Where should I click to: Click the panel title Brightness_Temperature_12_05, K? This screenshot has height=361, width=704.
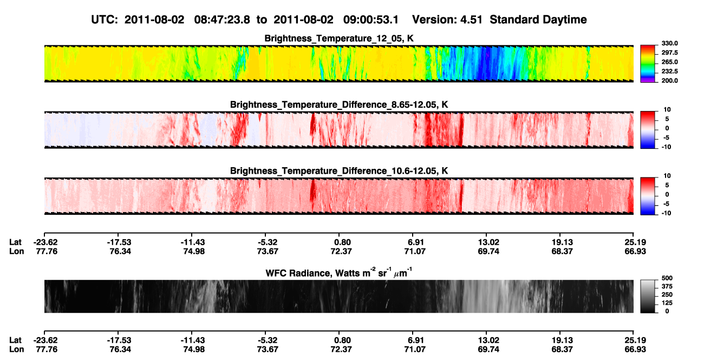(339, 38)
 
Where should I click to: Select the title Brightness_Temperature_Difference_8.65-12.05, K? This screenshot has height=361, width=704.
(339, 104)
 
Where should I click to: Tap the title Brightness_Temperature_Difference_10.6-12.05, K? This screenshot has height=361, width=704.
(339, 171)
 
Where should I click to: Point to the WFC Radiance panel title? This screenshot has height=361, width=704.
(339, 272)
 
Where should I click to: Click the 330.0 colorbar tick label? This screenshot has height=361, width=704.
(669, 43)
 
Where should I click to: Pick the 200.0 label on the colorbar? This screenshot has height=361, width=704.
(669, 81)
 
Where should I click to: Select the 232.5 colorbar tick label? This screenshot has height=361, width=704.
(669, 71)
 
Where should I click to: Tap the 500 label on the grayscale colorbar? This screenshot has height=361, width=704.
(667, 278)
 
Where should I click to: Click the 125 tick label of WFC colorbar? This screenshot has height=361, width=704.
(667, 303)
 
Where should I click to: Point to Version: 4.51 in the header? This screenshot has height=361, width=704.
(447, 20)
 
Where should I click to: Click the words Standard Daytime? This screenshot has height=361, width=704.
(538, 20)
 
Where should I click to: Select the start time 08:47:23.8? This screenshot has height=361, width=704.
(222, 20)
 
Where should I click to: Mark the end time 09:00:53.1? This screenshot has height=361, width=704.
(371, 20)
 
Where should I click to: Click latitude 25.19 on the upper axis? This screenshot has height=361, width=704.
(635, 242)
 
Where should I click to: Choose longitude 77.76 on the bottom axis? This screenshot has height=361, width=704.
(47, 350)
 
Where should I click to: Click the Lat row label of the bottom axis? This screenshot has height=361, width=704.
(15, 340)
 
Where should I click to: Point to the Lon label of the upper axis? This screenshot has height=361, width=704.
(16, 251)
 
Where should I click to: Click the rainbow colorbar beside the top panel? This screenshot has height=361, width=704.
(648, 64)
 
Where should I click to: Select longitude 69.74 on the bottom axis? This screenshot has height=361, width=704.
(488, 350)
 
